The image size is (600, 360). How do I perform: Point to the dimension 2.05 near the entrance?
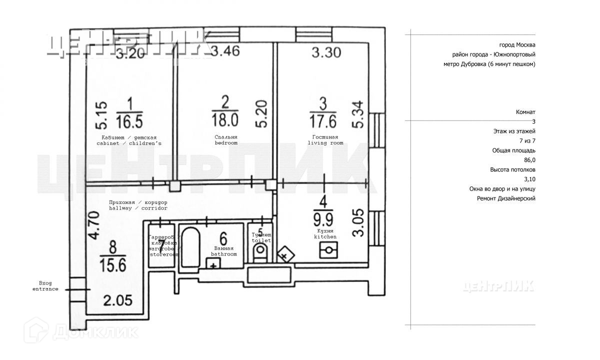tap(118, 301)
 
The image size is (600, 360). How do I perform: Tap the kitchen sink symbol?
tap(329, 250)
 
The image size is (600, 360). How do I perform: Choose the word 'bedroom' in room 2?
tap(226, 143)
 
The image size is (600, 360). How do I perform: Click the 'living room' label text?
tap(325, 143)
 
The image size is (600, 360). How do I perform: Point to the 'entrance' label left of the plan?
tap(45, 289)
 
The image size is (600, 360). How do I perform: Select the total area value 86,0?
tap(529, 160)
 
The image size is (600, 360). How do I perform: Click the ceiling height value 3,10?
tap(529, 179)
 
